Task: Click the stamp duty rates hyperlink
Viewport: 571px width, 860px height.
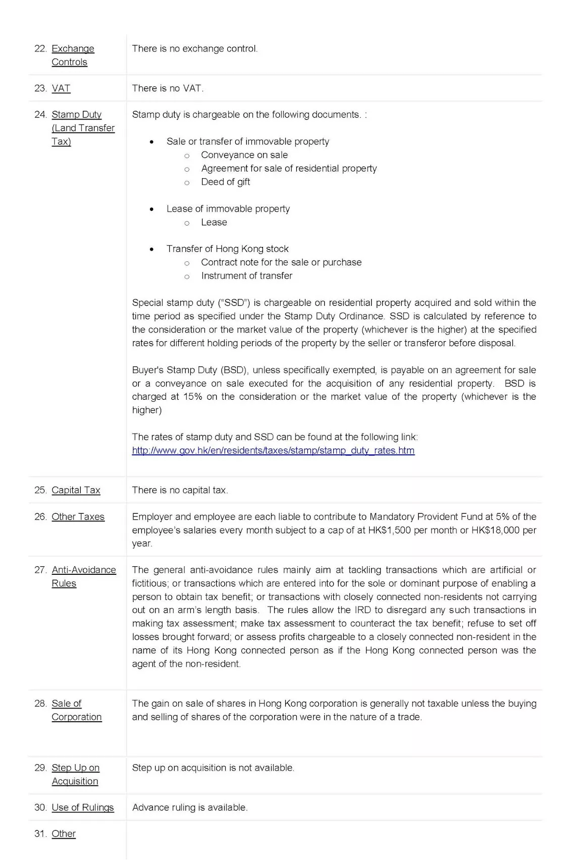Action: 273,450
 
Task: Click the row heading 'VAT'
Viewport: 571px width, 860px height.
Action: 61,88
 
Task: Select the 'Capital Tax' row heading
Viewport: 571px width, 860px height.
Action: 76,490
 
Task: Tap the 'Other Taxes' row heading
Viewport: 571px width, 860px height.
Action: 78,517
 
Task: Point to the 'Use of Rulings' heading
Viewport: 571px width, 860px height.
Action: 83,808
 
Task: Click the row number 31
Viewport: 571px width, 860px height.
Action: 40,834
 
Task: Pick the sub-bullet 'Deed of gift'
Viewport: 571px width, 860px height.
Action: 225,182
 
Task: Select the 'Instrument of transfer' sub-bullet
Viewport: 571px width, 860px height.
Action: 246,276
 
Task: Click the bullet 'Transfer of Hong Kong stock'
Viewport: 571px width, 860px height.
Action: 227,249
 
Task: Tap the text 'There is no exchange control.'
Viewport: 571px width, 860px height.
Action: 194,49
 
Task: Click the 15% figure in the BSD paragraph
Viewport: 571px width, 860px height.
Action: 192,397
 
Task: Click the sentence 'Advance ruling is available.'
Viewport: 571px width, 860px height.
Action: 189,808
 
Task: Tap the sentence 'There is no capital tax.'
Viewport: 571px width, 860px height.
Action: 180,490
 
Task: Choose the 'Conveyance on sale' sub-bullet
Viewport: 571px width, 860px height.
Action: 244,155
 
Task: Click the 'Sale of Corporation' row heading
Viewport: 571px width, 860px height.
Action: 76,710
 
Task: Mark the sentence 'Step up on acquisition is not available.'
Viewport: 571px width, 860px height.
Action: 213,768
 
